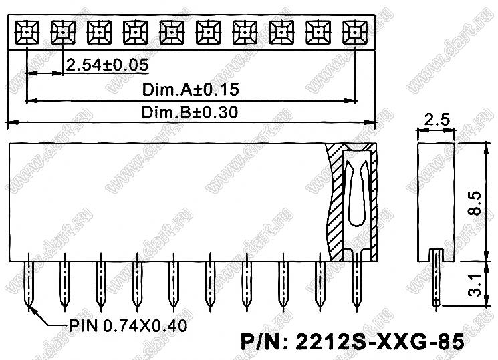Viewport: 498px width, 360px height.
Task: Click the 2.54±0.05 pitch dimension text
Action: coord(107,65)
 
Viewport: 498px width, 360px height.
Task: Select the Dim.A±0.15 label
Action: coord(191,89)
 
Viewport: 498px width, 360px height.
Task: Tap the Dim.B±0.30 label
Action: coord(190,112)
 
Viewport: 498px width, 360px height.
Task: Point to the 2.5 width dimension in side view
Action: coord(437,120)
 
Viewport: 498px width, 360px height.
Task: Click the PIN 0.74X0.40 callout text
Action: coord(128,326)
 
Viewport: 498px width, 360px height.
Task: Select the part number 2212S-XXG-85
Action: coord(352,342)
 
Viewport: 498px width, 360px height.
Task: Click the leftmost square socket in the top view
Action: coord(27,32)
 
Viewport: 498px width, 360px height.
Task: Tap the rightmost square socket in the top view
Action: coord(355,32)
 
